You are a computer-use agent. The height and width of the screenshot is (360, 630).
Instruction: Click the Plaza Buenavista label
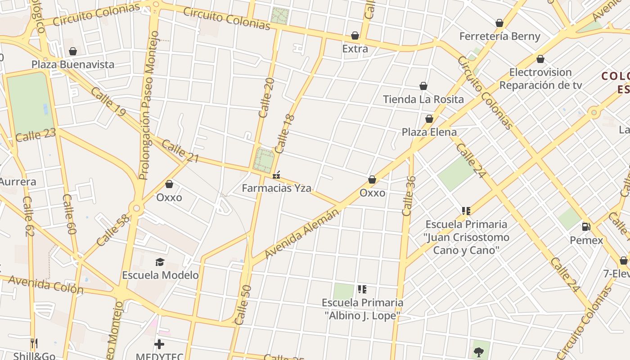(x=73, y=64)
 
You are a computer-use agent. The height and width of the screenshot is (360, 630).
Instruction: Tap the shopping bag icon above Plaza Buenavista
(x=73, y=51)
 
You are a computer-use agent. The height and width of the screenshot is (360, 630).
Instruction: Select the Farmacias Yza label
(x=276, y=188)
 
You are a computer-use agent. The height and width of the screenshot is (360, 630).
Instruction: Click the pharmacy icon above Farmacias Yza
(x=276, y=175)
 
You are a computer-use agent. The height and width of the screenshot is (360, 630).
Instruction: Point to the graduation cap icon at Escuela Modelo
(x=160, y=262)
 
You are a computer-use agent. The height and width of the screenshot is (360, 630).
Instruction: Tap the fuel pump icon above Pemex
(x=586, y=227)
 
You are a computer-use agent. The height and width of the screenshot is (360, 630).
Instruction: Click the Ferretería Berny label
(x=499, y=36)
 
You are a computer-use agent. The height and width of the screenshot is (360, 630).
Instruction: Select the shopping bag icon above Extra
(x=355, y=36)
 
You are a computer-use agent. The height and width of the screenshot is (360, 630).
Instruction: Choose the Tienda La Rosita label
(x=423, y=99)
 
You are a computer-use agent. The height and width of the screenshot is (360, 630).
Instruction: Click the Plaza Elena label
(x=429, y=132)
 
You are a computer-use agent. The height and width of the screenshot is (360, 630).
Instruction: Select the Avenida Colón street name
(x=46, y=285)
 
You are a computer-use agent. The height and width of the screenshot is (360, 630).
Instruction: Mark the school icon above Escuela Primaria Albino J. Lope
(x=362, y=289)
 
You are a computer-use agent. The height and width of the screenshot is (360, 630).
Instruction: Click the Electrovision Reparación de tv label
(x=540, y=79)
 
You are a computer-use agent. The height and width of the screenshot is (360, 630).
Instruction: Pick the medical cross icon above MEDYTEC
(x=159, y=345)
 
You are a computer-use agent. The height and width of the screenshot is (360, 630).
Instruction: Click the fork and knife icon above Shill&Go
(x=34, y=344)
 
